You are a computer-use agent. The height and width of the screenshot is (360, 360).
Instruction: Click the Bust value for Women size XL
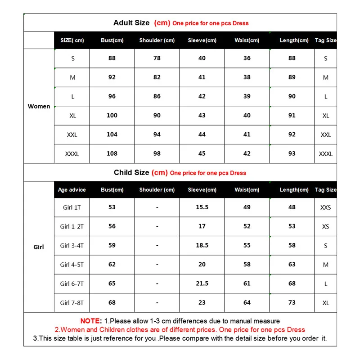[x=112, y=115]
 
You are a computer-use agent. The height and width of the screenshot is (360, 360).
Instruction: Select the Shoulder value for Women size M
[x=157, y=77]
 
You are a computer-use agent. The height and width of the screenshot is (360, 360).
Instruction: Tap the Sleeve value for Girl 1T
[x=202, y=207]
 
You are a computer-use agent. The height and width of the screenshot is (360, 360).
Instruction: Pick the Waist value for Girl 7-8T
[x=247, y=302]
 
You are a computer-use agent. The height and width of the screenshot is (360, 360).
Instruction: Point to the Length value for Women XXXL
[x=292, y=153]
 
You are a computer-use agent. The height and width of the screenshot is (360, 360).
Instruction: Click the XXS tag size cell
[x=326, y=207]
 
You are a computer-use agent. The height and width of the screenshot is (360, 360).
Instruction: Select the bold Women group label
[x=39, y=106]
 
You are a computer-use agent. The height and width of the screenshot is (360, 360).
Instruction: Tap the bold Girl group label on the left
[x=39, y=247]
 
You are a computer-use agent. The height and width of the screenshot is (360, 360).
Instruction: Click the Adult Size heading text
[x=131, y=22]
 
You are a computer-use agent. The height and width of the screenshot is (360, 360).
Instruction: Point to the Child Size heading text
[x=131, y=172]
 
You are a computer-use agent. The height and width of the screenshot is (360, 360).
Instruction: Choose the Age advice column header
[x=72, y=190]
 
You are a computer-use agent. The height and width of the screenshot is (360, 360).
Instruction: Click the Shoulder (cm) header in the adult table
[x=157, y=40]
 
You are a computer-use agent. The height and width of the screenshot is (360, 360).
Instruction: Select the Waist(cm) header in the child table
[x=247, y=190]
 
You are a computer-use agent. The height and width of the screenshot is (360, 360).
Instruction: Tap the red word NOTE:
[x=91, y=321]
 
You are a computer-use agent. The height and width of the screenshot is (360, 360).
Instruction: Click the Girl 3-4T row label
[x=72, y=246]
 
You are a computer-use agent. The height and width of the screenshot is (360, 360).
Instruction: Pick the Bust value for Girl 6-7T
[x=112, y=283]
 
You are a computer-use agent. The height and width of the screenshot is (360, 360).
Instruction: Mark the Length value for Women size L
[x=292, y=96]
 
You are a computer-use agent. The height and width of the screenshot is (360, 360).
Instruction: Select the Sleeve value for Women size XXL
[x=202, y=135]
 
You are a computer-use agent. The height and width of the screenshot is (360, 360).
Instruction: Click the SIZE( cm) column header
[x=72, y=40]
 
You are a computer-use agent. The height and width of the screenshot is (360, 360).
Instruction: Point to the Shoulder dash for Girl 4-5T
[x=157, y=265]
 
